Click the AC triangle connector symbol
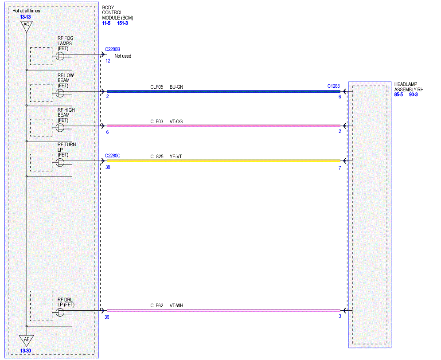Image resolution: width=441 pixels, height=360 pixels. (27, 26)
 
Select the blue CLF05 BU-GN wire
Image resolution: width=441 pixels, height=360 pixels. (223, 91)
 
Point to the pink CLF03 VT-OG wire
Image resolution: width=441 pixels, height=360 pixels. (223, 126)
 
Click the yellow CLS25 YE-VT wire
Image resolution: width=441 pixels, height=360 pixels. (223, 161)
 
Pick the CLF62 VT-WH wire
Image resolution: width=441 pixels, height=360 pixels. (223, 311)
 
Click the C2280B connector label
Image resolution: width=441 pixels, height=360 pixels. (113, 49)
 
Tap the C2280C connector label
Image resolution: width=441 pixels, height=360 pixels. (113, 156)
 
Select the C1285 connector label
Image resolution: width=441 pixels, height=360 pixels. (334, 86)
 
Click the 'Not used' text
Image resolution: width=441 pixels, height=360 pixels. (123, 56)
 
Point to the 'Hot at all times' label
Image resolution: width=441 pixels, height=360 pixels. (26, 11)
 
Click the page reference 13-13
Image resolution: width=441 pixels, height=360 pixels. (25, 17)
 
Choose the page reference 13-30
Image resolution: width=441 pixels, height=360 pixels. (25, 351)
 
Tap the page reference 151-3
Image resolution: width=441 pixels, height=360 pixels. (122, 23)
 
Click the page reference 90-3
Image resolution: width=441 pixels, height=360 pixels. (413, 94)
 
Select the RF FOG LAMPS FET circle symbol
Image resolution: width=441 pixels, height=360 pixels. (60, 56)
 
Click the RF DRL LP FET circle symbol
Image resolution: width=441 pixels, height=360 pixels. (60, 312)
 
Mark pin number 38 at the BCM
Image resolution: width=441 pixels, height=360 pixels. (108, 167)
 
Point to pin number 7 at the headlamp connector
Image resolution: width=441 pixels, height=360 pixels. (340, 168)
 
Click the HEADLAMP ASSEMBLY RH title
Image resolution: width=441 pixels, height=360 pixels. (409, 87)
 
